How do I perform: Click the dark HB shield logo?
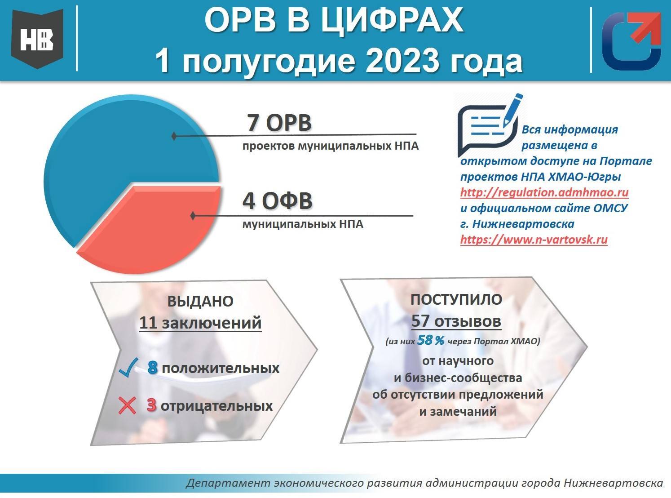[x=37, y=39]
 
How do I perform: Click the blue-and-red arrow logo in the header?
[x=631, y=41]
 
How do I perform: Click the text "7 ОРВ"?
[x=279, y=123]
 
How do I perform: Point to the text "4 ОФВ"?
[x=277, y=201]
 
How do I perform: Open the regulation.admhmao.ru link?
[x=544, y=192]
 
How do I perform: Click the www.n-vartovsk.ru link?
[x=534, y=240]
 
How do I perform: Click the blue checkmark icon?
[x=128, y=367]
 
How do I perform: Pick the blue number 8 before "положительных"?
[x=152, y=368]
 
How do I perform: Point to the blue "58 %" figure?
[x=431, y=341]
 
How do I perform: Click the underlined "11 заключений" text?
[x=200, y=323]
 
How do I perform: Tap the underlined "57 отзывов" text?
[x=456, y=321]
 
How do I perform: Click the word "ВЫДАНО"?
[x=200, y=301]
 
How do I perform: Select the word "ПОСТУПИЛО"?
[x=456, y=299]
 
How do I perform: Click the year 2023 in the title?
[x=403, y=61]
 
